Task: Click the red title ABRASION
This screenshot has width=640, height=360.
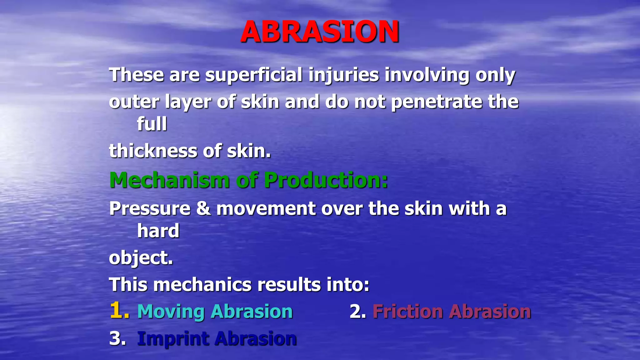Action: tap(320, 32)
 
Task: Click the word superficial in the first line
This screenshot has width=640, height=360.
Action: tap(253, 75)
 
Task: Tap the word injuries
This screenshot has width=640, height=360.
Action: tap(344, 75)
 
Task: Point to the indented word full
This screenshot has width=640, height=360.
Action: tap(152, 124)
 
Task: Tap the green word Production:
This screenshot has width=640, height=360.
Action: tap(326, 180)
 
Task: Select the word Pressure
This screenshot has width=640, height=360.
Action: tap(150, 209)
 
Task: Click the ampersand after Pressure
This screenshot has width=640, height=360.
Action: tap(203, 209)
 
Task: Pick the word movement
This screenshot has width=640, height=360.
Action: tap(266, 209)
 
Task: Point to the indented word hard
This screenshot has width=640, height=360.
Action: tap(158, 231)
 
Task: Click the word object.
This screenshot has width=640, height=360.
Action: tap(141, 258)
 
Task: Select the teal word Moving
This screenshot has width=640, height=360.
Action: tap(171, 312)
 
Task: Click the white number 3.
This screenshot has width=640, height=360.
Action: tap(116, 339)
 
